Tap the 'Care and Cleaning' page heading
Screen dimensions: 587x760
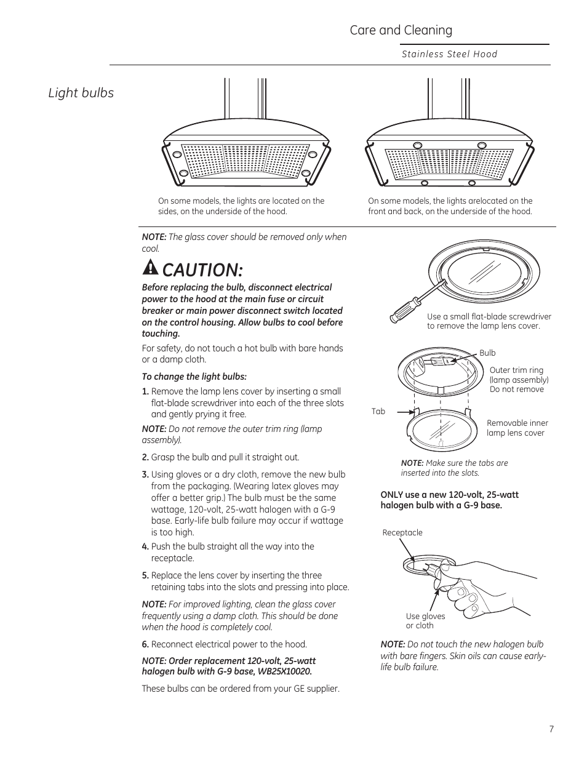click(x=401, y=30)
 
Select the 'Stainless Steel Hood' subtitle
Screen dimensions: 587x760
click(x=449, y=54)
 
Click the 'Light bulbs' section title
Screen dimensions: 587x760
click(x=81, y=93)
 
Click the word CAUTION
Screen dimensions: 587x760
click(x=202, y=270)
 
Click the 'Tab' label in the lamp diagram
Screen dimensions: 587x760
click(x=378, y=412)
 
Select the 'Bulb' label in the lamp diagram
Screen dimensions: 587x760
click(x=487, y=353)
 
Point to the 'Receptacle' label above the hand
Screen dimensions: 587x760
click(x=402, y=533)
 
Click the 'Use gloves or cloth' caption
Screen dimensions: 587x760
click(x=425, y=621)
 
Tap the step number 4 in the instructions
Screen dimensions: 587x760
click(x=145, y=546)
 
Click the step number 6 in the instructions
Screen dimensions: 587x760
click(x=145, y=644)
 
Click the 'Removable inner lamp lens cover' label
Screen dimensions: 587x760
click(x=517, y=428)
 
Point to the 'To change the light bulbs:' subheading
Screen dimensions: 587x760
click(x=194, y=377)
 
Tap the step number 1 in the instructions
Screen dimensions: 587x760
click(x=145, y=392)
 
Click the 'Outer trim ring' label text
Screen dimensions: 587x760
click(x=516, y=370)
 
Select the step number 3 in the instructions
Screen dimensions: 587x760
click(x=145, y=474)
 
